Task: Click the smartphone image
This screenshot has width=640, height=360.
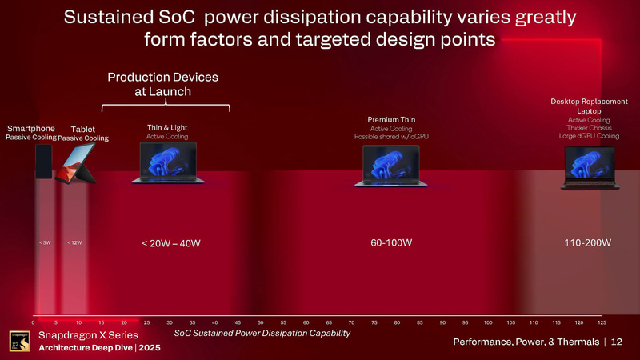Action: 43,162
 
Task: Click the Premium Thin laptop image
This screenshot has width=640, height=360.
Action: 391,166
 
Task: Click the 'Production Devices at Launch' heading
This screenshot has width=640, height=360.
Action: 163,84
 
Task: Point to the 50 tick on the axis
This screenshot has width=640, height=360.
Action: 261,322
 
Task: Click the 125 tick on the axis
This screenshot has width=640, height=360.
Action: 602,322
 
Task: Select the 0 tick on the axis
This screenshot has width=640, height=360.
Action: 33,322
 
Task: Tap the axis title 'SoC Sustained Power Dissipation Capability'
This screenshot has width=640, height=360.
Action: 262,333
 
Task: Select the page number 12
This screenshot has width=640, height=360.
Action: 616,342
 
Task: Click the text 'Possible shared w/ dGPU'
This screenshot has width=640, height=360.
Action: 391,137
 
